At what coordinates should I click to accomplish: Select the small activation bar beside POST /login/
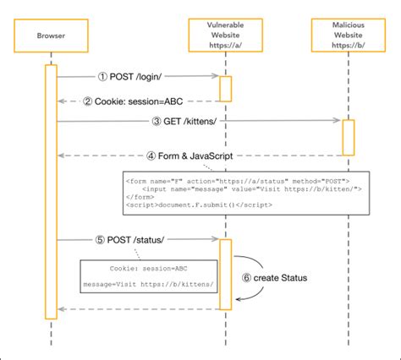pyautogui.click(x=225, y=87)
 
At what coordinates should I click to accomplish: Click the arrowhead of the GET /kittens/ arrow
pyautogui.click(x=338, y=121)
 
